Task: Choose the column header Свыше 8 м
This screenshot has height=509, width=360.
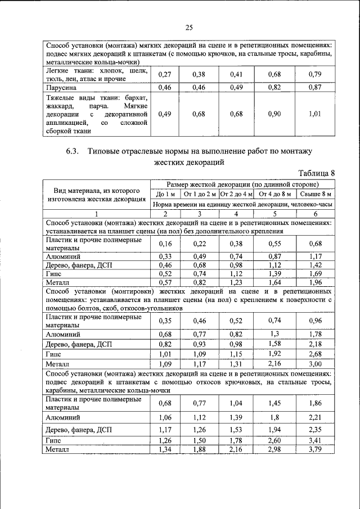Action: coord(315,194)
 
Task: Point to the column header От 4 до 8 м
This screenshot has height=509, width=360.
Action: coord(274,194)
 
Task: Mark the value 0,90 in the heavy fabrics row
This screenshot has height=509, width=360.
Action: coord(274,114)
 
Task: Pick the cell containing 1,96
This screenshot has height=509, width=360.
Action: coord(315,282)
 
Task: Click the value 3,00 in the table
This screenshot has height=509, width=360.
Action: coord(315,364)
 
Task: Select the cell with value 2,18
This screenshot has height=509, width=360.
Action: coord(315,344)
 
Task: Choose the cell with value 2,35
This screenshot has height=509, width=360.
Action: coord(315,430)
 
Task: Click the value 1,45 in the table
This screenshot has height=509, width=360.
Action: coord(274,403)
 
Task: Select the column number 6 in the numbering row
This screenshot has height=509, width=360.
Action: coord(315,214)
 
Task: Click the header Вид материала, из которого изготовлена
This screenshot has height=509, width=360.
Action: coord(96,194)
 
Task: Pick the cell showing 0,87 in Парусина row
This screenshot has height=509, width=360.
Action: coord(315,87)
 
